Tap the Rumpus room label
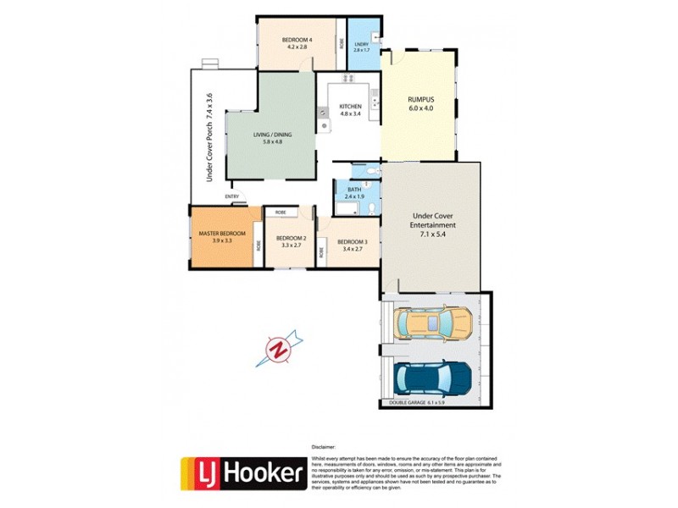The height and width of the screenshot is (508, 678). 420,103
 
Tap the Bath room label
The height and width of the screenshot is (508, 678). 353,192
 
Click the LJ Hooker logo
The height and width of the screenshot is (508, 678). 242,474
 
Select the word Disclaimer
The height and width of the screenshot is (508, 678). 324,445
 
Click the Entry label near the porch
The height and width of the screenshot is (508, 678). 231,197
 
